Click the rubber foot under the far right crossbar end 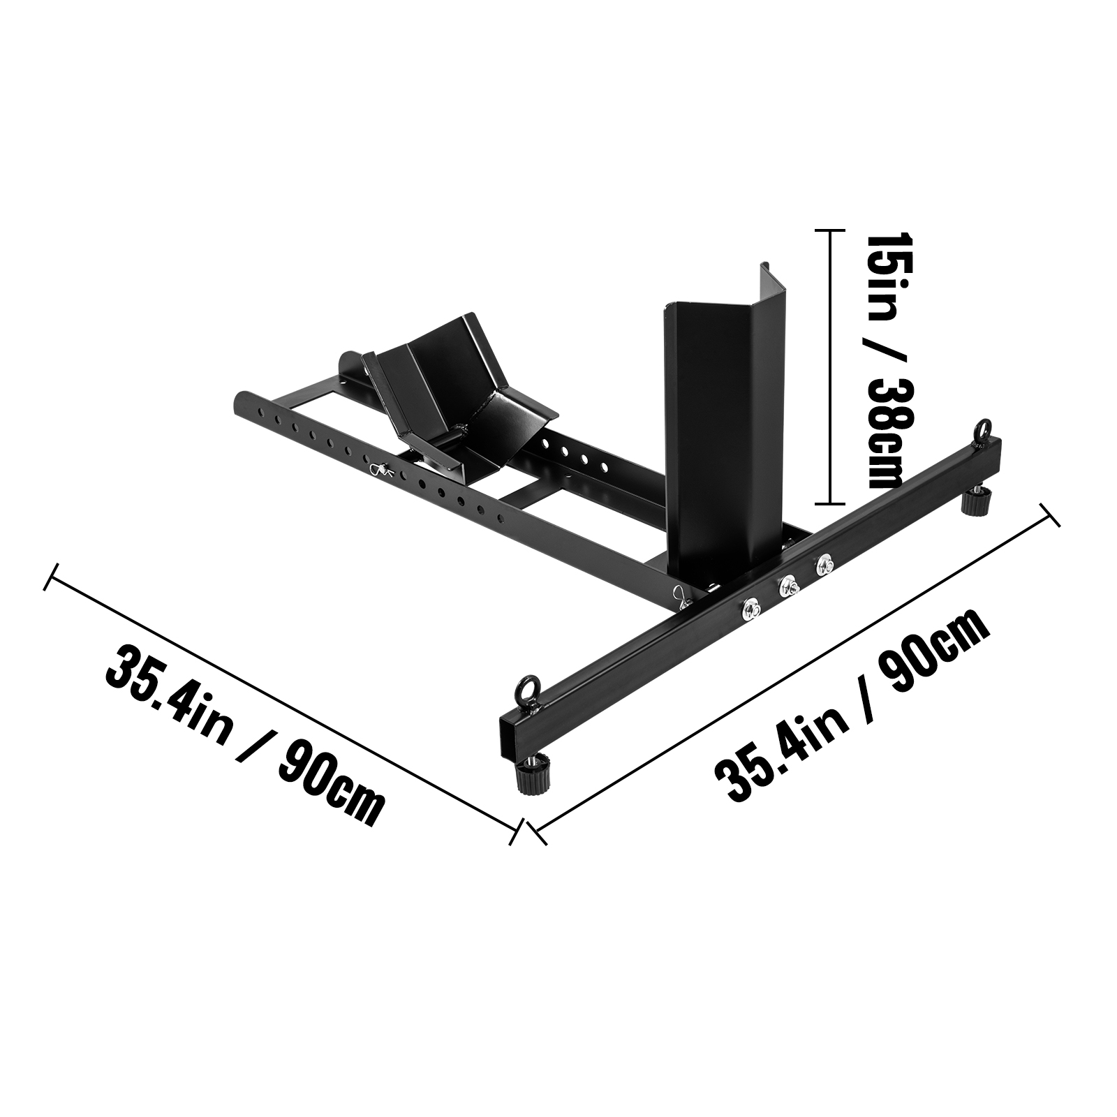[977, 499]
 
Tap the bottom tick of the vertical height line [829, 503]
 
